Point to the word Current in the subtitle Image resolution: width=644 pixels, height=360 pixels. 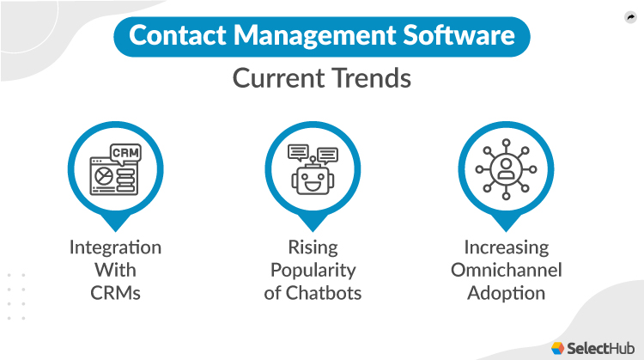click(x=276, y=79)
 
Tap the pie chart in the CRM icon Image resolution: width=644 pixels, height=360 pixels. click(x=104, y=175)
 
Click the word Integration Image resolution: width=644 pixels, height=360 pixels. click(x=115, y=248)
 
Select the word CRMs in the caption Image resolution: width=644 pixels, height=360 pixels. click(x=115, y=293)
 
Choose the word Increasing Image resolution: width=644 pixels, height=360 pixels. click(x=507, y=248)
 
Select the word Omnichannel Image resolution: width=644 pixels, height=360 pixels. click(x=507, y=271)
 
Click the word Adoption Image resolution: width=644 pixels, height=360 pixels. click(x=507, y=293)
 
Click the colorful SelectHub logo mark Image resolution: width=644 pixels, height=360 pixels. click(x=558, y=347)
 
